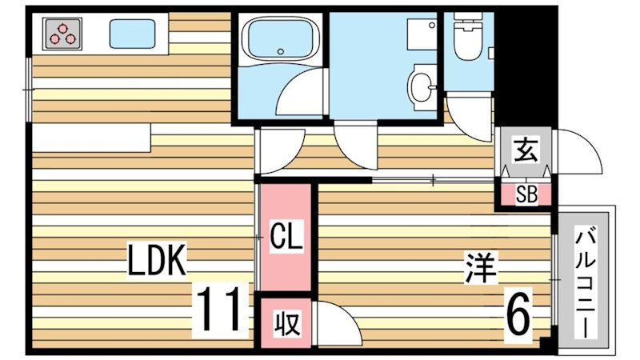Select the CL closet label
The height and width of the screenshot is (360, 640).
tap(285, 238)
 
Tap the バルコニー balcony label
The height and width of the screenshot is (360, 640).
tap(586, 282)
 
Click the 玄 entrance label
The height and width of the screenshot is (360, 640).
tap(524, 150)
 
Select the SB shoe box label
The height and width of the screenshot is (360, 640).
tap(526, 194)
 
